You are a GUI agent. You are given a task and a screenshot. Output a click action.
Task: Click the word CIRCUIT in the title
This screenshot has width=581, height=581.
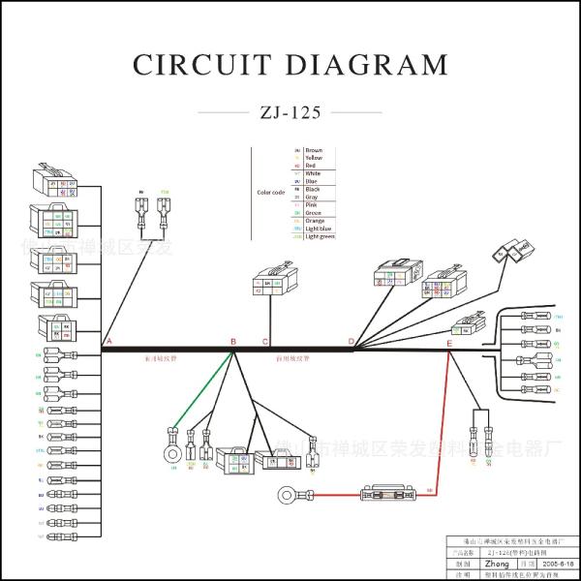pyautogui.click(x=199, y=65)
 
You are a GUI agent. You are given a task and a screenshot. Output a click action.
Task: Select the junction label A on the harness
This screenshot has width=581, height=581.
pyautogui.click(x=108, y=342)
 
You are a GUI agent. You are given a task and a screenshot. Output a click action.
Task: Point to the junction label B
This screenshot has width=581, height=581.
pyautogui.click(x=232, y=342)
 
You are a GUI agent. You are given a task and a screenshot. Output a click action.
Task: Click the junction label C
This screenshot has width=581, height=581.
pyautogui.click(x=265, y=342)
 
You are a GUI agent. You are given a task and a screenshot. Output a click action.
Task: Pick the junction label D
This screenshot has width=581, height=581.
pyautogui.click(x=352, y=342)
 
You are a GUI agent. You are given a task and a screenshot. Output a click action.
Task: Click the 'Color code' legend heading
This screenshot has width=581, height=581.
pyautogui.click(x=270, y=192)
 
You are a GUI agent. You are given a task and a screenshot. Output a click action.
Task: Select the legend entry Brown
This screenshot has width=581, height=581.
pyautogui.click(x=314, y=151)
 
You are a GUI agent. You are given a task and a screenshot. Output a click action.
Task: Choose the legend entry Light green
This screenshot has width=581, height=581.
pyautogui.click(x=320, y=236)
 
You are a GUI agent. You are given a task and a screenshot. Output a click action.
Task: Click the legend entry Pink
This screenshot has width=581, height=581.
pyautogui.click(x=312, y=205)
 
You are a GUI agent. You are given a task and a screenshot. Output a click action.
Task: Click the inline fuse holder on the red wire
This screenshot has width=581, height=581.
pyautogui.click(x=387, y=494)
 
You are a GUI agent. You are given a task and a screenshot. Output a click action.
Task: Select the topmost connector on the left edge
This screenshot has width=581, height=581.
pyautogui.click(x=55, y=183)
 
